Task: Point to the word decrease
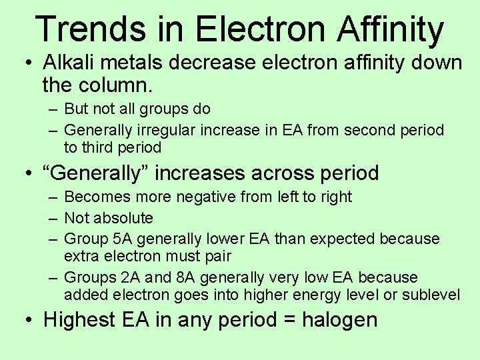click(213, 63)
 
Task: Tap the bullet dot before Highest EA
click(26, 321)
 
